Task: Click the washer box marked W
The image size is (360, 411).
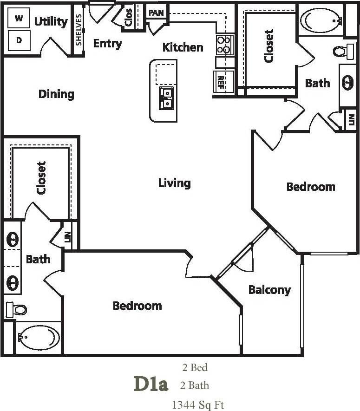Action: (x=19, y=19)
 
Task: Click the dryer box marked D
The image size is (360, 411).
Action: (x=19, y=40)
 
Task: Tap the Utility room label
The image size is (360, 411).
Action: (x=51, y=21)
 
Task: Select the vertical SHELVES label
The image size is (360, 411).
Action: (x=79, y=30)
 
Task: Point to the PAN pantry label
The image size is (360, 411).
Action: (x=157, y=12)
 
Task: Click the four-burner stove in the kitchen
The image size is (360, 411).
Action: (x=224, y=45)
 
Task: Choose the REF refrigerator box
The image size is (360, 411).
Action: (x=221, y=81)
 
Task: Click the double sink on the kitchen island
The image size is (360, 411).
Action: (x=166, y=98)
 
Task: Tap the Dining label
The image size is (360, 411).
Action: (x=56, y=94)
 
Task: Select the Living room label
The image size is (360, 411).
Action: (x=174, y=183)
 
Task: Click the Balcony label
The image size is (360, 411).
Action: (x=269, y=290)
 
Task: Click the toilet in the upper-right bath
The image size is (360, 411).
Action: (x=344, y=51)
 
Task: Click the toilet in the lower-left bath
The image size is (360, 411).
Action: (x=16, y=309)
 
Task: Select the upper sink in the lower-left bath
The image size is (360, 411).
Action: (x=12, y=240)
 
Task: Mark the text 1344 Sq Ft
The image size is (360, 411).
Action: (x=198, y=404)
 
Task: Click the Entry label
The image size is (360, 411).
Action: (x=107, y=44)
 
